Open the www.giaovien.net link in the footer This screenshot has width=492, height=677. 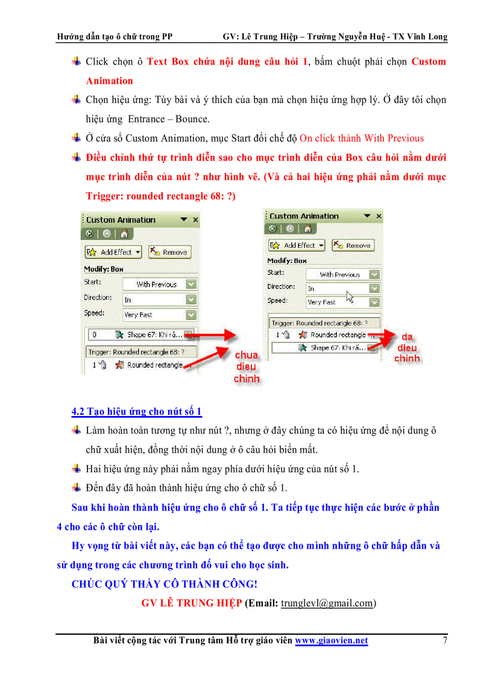click(331, 641)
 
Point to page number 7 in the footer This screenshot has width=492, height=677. click(445, 641)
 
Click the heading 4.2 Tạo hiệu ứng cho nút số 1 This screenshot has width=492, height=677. click(136, 412)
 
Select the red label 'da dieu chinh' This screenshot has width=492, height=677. click(407, 348)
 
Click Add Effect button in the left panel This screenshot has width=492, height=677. click(113, 252)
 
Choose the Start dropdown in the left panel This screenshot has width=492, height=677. click(160, 284)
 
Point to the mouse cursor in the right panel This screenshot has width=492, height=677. click(350, 296)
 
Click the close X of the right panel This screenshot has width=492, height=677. click(379, 216)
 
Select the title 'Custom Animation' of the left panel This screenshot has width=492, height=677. click(121, 220)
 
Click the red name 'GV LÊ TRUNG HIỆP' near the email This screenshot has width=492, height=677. click(192, 603)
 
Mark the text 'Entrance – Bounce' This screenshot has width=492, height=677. click(168, 119)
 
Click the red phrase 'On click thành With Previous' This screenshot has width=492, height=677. click(361, 138)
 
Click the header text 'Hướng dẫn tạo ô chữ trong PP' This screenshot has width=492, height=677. click(115, 37)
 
